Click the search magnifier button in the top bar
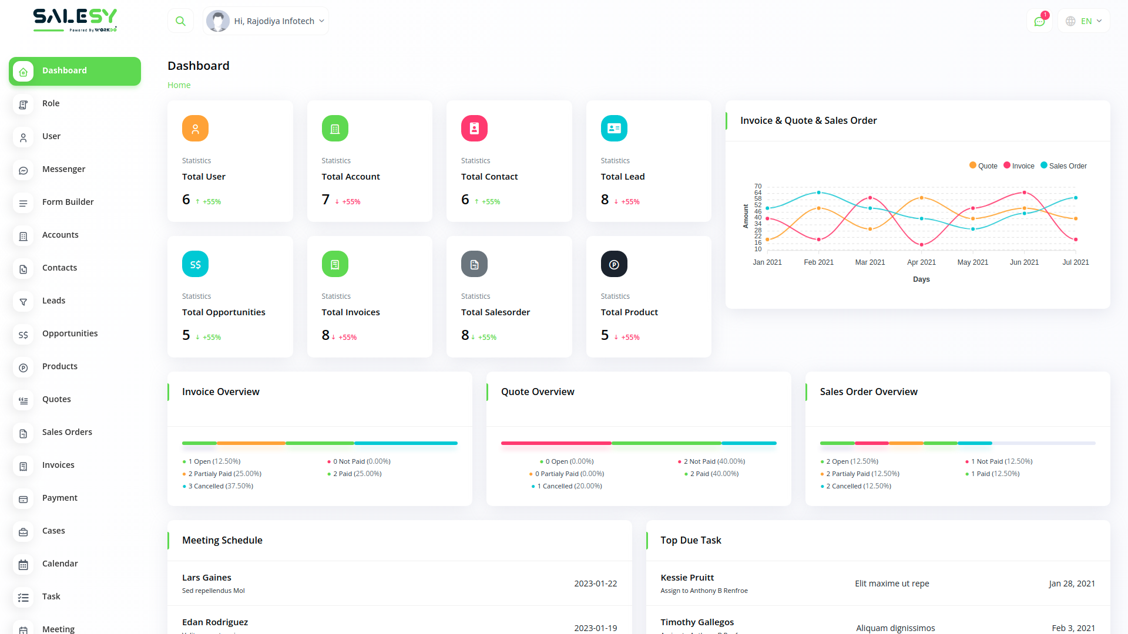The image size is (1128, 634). [180, 21]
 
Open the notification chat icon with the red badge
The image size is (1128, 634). [1039, 21]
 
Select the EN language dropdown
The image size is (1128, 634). [1084, 21]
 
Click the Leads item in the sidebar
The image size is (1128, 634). [53, 301]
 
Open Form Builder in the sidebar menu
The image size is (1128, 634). [68, 202]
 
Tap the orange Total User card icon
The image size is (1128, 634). [195, 129]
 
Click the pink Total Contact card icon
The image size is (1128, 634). [474, 129]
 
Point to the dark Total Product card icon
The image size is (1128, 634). [614, 264]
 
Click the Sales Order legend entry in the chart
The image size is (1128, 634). [1064, 166]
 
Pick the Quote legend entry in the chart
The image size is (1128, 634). [983, 166]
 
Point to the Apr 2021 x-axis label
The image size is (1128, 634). [921, 262]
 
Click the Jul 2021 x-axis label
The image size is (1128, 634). [1075, 262]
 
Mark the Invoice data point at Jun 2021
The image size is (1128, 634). [1025, 193]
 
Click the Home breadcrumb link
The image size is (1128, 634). [179, 85]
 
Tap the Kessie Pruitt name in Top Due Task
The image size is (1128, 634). [687, 578]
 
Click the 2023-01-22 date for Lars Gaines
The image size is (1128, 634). [595, 584]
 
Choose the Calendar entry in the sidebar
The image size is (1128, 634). [60, 564]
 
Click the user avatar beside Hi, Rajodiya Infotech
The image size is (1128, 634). [218, 21]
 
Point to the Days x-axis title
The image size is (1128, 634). [921, 279]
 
